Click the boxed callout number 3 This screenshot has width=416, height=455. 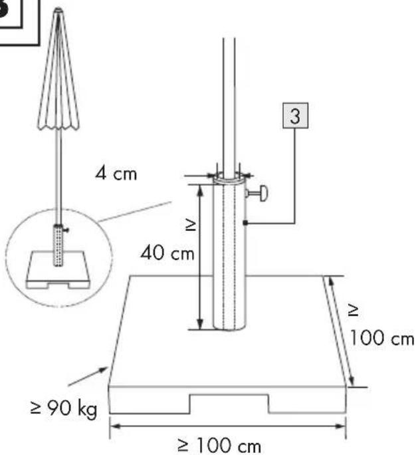295,116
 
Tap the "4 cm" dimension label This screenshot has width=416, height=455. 116,174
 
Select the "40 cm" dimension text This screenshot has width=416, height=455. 167,253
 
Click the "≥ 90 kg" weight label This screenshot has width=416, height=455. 64,408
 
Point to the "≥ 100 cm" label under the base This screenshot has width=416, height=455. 219,446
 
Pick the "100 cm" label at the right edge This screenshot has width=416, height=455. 382,338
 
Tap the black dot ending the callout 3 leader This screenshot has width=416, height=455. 245,223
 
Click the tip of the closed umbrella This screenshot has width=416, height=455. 58,9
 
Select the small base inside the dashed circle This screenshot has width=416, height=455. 58,270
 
